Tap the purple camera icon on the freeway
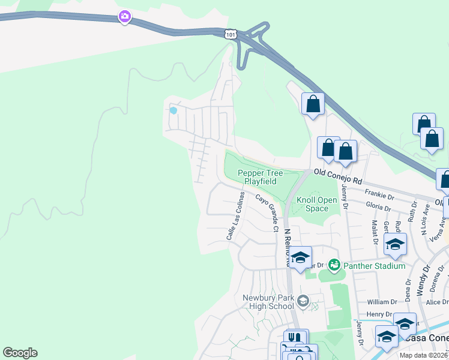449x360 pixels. (x=124, y=16)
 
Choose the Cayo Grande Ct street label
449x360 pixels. (x=268, y=213)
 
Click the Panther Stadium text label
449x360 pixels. (x=373, y=265)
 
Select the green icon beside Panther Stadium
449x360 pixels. (x=334, y=265)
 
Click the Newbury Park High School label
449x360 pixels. (x=268, y=302)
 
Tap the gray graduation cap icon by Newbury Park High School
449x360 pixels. (x=303, y=301)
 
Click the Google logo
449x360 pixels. (x=20, y=353)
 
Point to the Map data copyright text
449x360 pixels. (x=423, y=355)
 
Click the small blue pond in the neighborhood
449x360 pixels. (x=173, y=110)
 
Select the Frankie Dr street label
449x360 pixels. (x=379, y=194)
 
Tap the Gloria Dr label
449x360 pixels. (x=378, y=208)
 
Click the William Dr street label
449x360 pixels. (x=382, y=302)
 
